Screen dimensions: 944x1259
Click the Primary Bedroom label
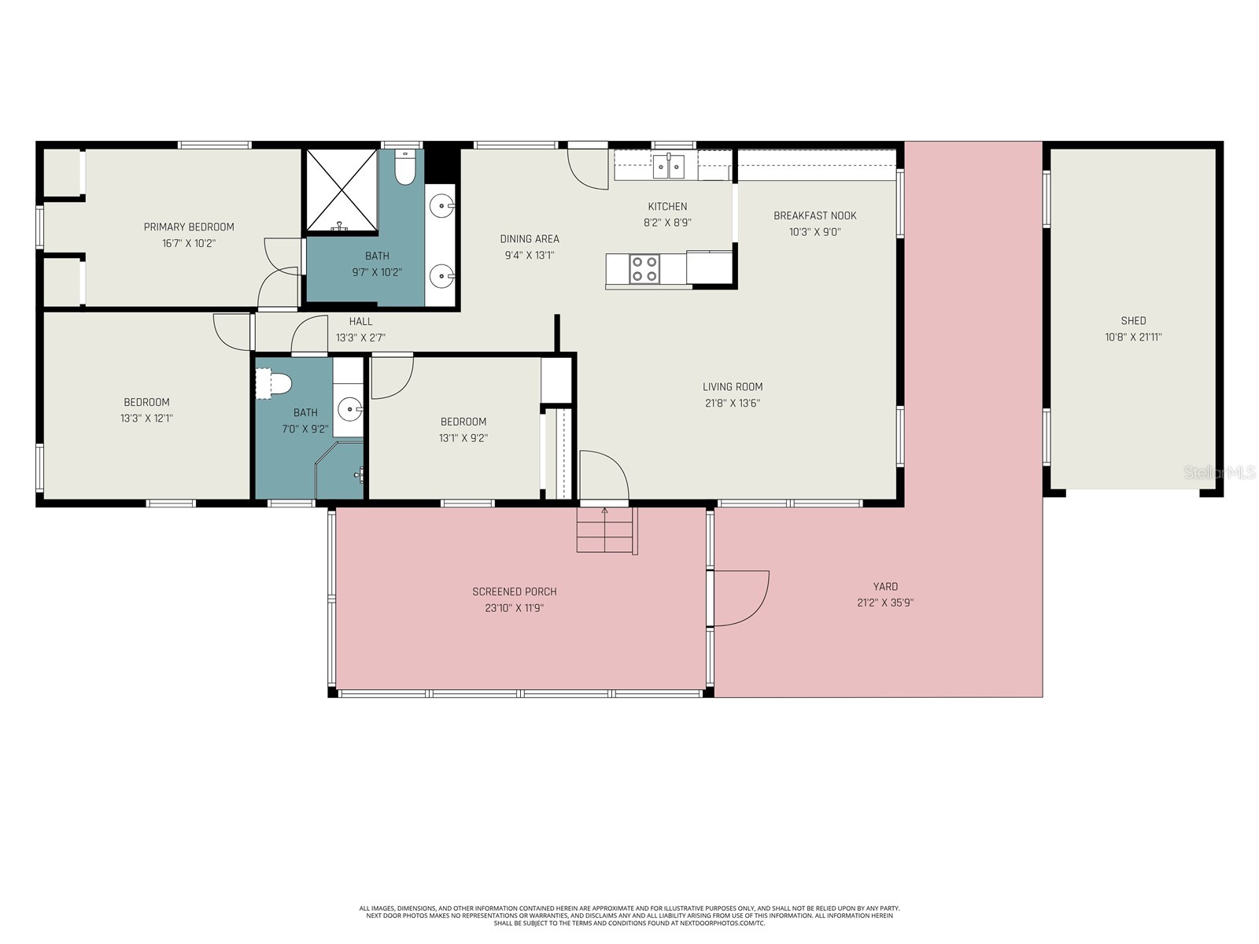pyautogui.click(x=189, y=227)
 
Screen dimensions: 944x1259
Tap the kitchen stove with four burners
pyautogui.click(x=644, y=269)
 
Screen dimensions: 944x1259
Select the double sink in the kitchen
pyautogui.click(x=668, y=166)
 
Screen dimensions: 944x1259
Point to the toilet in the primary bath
pyautogui.click(x=404, y=168)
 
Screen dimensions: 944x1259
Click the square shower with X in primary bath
pyautogui.click(x=342, y=190)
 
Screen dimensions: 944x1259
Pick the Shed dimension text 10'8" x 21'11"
pyautogui.click(x=1133, y=337)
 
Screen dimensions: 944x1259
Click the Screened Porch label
pyautogui.click(x=514, y=592)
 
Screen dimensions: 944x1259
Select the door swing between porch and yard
pyautogui.click(x=740, y=598)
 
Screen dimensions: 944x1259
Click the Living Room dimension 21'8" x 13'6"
pyautogui.click(x=732, y=404)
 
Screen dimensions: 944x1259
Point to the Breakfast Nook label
pyautogui.click(x=814, y=216)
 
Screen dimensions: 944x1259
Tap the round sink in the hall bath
pyautogui.click(x=349, y=407)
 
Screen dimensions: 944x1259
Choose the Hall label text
pyautogui.click(x=360, y=321)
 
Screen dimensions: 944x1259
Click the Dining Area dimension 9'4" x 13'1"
pyautogui.click(x=530, y=256)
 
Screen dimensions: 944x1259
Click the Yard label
pyautogui.click(x=885, y=586)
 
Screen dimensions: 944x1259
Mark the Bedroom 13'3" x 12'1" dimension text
pyautogui.click(x=146, y=419)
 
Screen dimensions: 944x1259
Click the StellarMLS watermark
pyautogui.click(x=1220, y=473)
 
